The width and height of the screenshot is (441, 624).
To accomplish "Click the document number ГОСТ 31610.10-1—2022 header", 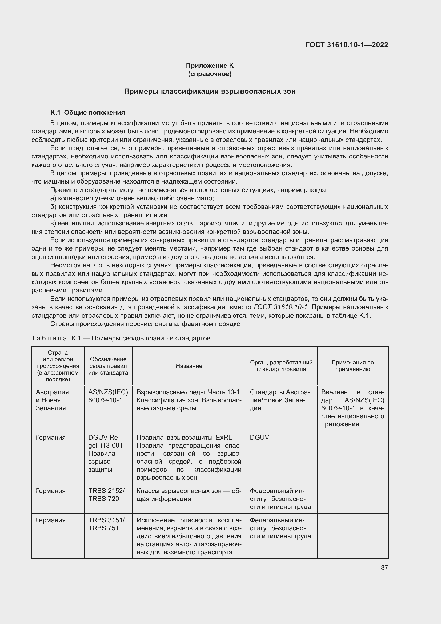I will coord(347,45).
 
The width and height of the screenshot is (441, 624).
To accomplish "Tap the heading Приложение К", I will coord(210,66).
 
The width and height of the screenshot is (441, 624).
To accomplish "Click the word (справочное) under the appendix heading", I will coord(210,74).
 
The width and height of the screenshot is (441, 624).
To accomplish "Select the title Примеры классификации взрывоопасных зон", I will coord(210,91).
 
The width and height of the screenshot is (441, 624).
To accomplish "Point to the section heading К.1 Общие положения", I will coord(88,113).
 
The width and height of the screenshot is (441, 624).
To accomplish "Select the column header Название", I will coord(189,366).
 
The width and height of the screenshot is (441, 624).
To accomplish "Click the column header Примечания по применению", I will coord(352,366).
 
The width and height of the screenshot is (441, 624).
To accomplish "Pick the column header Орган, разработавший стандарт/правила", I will coord(281,366).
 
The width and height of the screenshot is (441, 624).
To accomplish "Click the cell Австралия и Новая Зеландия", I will coord(52,400).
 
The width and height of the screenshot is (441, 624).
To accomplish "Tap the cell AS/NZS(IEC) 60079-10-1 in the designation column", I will coord(108,396).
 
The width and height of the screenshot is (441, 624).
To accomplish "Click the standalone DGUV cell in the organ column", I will coord(259,437).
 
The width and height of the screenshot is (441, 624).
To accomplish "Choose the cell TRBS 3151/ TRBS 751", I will coord(106,524).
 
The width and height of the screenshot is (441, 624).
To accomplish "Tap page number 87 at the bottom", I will coord(384,567).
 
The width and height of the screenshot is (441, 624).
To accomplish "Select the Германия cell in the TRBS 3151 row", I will coord(50,520).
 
